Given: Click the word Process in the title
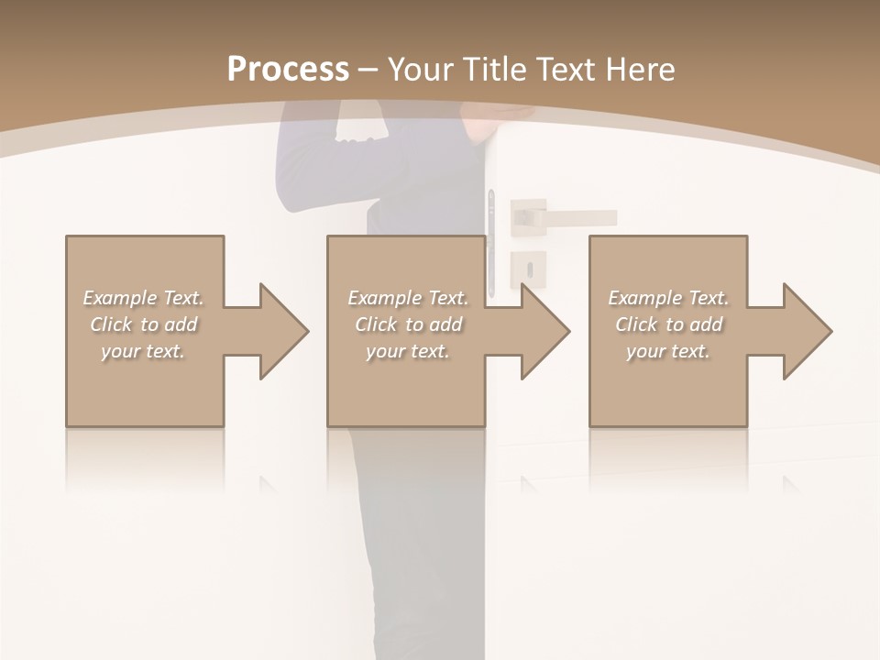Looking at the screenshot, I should [x=288, y=70].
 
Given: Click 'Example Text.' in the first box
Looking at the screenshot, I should [x=143, y=298].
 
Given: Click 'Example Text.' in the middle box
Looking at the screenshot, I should [x=408, y=298].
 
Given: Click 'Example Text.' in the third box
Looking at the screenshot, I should [x=668, y=298].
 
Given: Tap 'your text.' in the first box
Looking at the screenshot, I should [x=143, y=351].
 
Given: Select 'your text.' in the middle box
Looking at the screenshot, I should [x=408, y=351].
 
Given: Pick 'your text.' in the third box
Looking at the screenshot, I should [x=668, y=351].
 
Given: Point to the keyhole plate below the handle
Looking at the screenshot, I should [x=528, y=269].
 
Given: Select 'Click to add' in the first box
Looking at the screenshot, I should [x=143, y=324].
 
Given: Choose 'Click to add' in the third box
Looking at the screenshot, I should [x=668, y=324].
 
